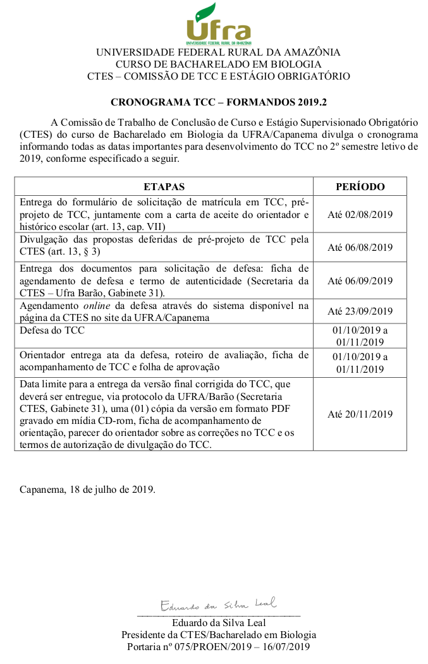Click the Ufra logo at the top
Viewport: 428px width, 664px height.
218,24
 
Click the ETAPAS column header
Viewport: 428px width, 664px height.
164,186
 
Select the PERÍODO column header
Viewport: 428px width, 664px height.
360,186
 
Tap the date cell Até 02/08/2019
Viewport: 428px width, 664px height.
360,214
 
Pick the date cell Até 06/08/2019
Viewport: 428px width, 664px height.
360,248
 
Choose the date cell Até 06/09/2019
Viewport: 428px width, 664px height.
360,281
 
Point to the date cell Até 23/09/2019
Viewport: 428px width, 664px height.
360,311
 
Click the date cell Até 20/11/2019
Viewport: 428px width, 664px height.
360,414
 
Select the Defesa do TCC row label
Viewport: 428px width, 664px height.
52,330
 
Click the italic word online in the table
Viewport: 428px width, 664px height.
97,306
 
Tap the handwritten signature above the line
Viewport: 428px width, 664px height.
218,605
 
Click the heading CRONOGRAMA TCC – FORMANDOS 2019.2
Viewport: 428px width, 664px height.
218,102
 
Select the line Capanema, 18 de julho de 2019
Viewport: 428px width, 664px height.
87,489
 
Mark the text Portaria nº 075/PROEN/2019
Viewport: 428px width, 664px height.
188,647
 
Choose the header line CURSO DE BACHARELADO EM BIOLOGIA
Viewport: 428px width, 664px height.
218,64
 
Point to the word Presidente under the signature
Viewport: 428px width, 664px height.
145,635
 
